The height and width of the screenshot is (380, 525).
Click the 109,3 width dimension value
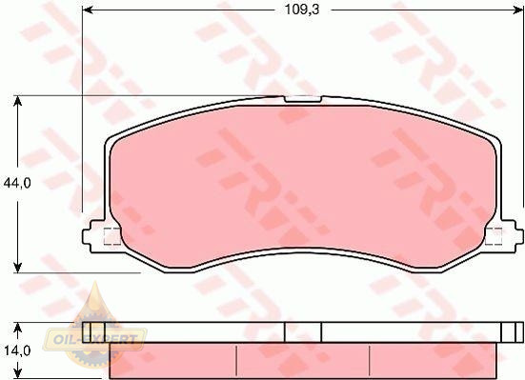click(x=302, y=10)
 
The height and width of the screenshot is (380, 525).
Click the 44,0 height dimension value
click(x=17, y=183)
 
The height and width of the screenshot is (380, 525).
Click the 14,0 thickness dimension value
click(x=17, y=350)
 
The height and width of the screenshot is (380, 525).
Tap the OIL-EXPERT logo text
click(x=94, y=339)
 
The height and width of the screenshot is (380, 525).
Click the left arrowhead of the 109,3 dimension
click(x=87, y=10)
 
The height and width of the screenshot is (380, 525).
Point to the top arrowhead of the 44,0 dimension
click(x=18, y=101)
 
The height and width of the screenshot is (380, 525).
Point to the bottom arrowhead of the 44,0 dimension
click(x=18, y=268)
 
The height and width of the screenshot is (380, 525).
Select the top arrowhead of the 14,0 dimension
click(x=18, y=328)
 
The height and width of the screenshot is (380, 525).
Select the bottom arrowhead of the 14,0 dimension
click(x=18, y=374)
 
